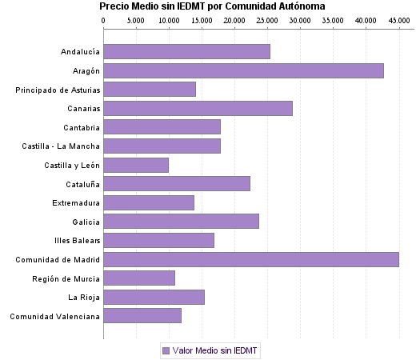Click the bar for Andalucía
coord(186,52)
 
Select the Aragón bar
coord(243,70)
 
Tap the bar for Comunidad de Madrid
coord(251,259)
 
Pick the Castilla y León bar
coord(136,165)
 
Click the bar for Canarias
coord(198,108)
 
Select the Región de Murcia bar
coord(139,278)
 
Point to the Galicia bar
coord(181,222)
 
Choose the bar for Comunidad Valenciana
coord(142,316)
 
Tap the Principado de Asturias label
coord(58,90)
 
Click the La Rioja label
coord(84,297)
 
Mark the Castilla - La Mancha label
coord(61,146)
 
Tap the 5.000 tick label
coord(136,19)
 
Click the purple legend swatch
coord(166,350)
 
